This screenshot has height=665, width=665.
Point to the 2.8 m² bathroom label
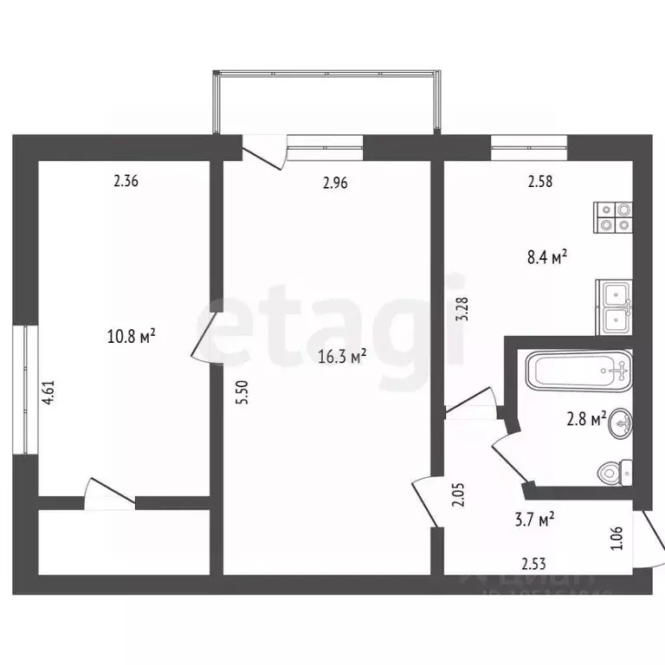[x=585, y=419]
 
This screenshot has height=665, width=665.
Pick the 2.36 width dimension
[x=126, y=182]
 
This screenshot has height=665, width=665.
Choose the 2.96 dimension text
[x=336, y=183]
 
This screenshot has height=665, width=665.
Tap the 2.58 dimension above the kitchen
[x=539, y=182]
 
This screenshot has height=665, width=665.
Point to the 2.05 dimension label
[x=461, y=496]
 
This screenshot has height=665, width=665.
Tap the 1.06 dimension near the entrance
[x=617, y=538]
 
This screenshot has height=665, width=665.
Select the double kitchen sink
[x=614, y=307]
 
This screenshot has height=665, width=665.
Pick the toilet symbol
[x=614, y=473]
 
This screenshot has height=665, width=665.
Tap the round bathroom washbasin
[x=619, y=424]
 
